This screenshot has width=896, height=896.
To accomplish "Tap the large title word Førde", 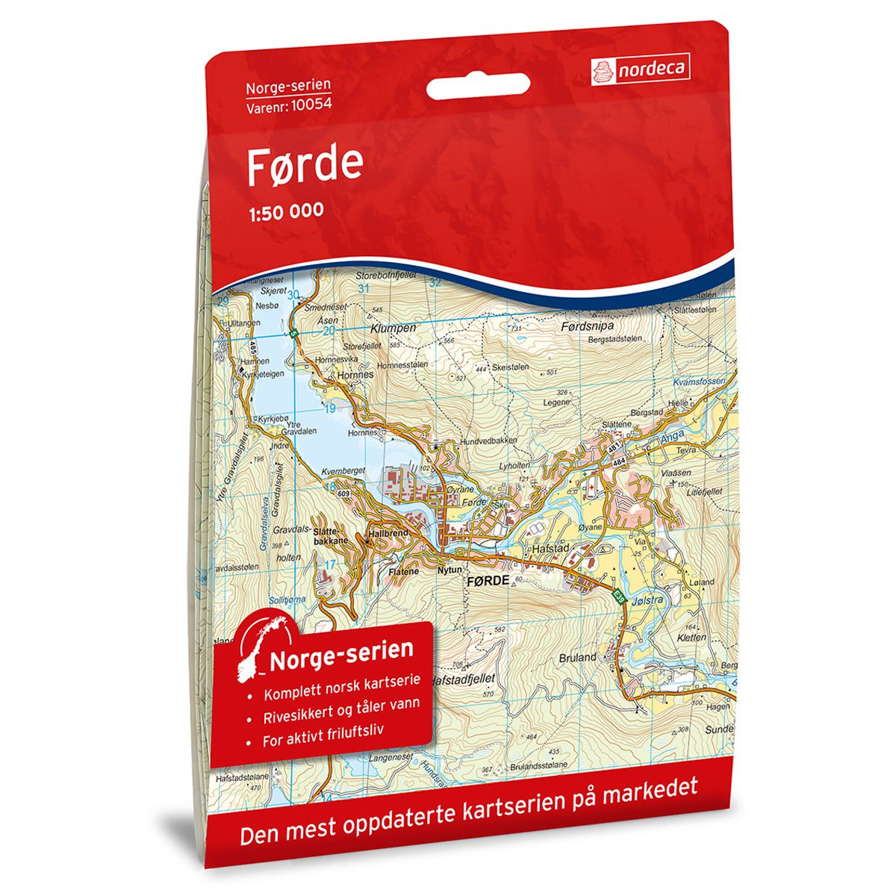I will (305, 167).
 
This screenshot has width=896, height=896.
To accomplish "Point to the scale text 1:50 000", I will (285, 211).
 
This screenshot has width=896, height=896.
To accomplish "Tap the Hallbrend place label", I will (388, 535).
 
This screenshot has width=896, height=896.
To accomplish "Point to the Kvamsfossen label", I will (699, 382).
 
